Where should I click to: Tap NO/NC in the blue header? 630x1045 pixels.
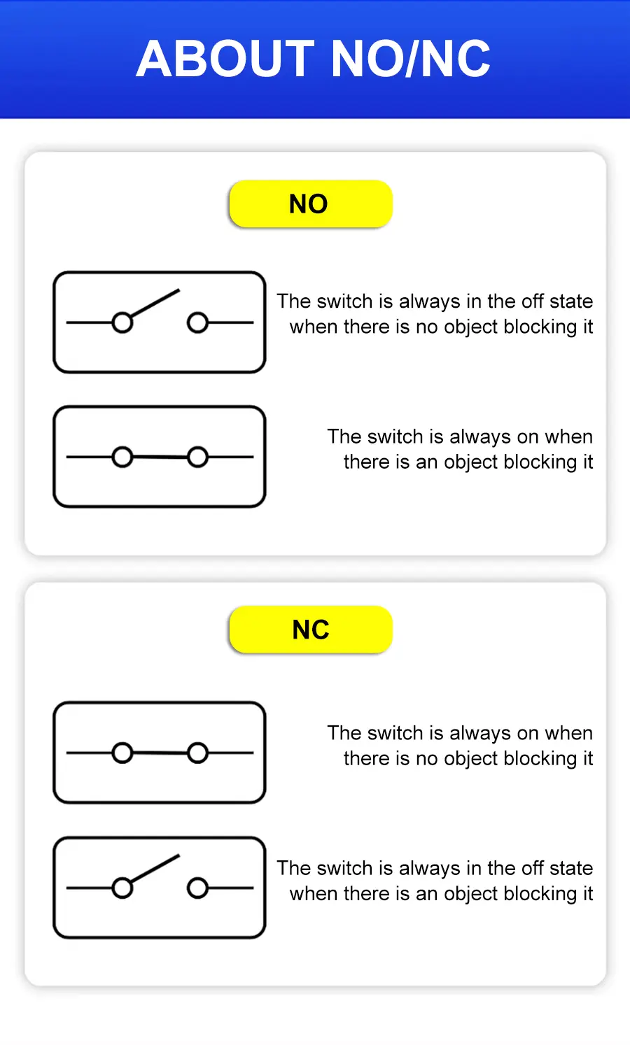pyautogui.click(x=410, y=58)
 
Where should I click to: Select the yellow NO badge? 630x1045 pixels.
pyautogui.click(x=311, y=204)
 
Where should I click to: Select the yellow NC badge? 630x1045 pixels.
pyautogui.click(x=311, y=630)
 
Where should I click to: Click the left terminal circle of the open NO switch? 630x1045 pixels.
pyautogui.click(x=122, y=322)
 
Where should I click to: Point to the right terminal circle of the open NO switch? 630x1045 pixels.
pyautogui.click(x=197, y=322)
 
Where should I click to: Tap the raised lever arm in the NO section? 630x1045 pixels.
pyautogui.click(x=155, y=304)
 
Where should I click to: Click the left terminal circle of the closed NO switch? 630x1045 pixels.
pyautogui.click(x=122, y=457)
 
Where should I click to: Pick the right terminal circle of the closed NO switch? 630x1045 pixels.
pyautogui.click(x=197, y=457)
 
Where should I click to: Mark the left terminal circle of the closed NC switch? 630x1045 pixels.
pyautogui.click(x=122, y=753)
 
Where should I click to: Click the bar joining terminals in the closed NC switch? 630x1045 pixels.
pyautogui.click(x=160, y=753)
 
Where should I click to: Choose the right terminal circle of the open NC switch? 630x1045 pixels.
pyautogui.click(x=197, y=888)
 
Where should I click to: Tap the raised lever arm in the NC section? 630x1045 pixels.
pyautogui.click(x=155, y=869)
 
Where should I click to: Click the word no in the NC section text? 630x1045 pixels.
pyautogui.click(x=427, y=758)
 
